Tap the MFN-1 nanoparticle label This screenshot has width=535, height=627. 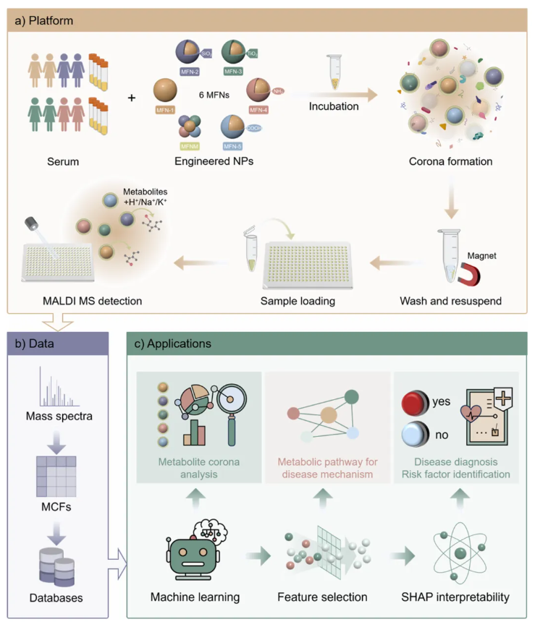165,110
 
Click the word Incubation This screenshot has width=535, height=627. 334,106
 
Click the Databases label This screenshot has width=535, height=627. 56,598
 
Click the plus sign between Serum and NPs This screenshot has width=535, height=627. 131,97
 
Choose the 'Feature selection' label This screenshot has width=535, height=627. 322,597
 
